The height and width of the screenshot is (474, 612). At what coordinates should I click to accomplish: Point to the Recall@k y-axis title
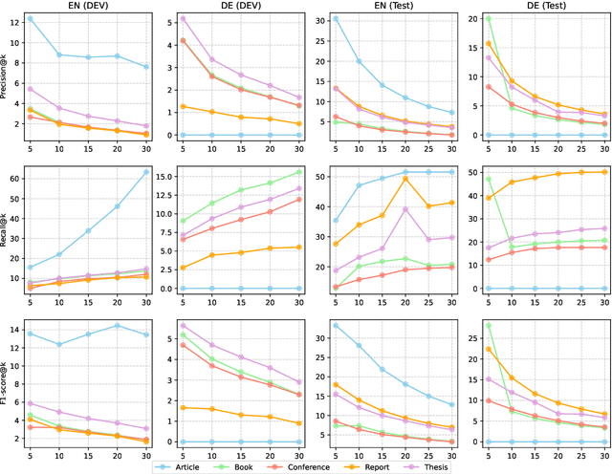tap(8, 230)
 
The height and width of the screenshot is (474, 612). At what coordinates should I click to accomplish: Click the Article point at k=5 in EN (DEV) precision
tap(30, 18)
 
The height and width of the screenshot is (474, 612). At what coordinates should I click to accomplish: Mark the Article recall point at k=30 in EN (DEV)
tap(144, 172)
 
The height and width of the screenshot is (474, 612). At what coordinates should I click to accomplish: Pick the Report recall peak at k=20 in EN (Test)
tap(404, 179)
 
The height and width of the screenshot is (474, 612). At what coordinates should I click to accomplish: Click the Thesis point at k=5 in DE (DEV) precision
tap(182, 18)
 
